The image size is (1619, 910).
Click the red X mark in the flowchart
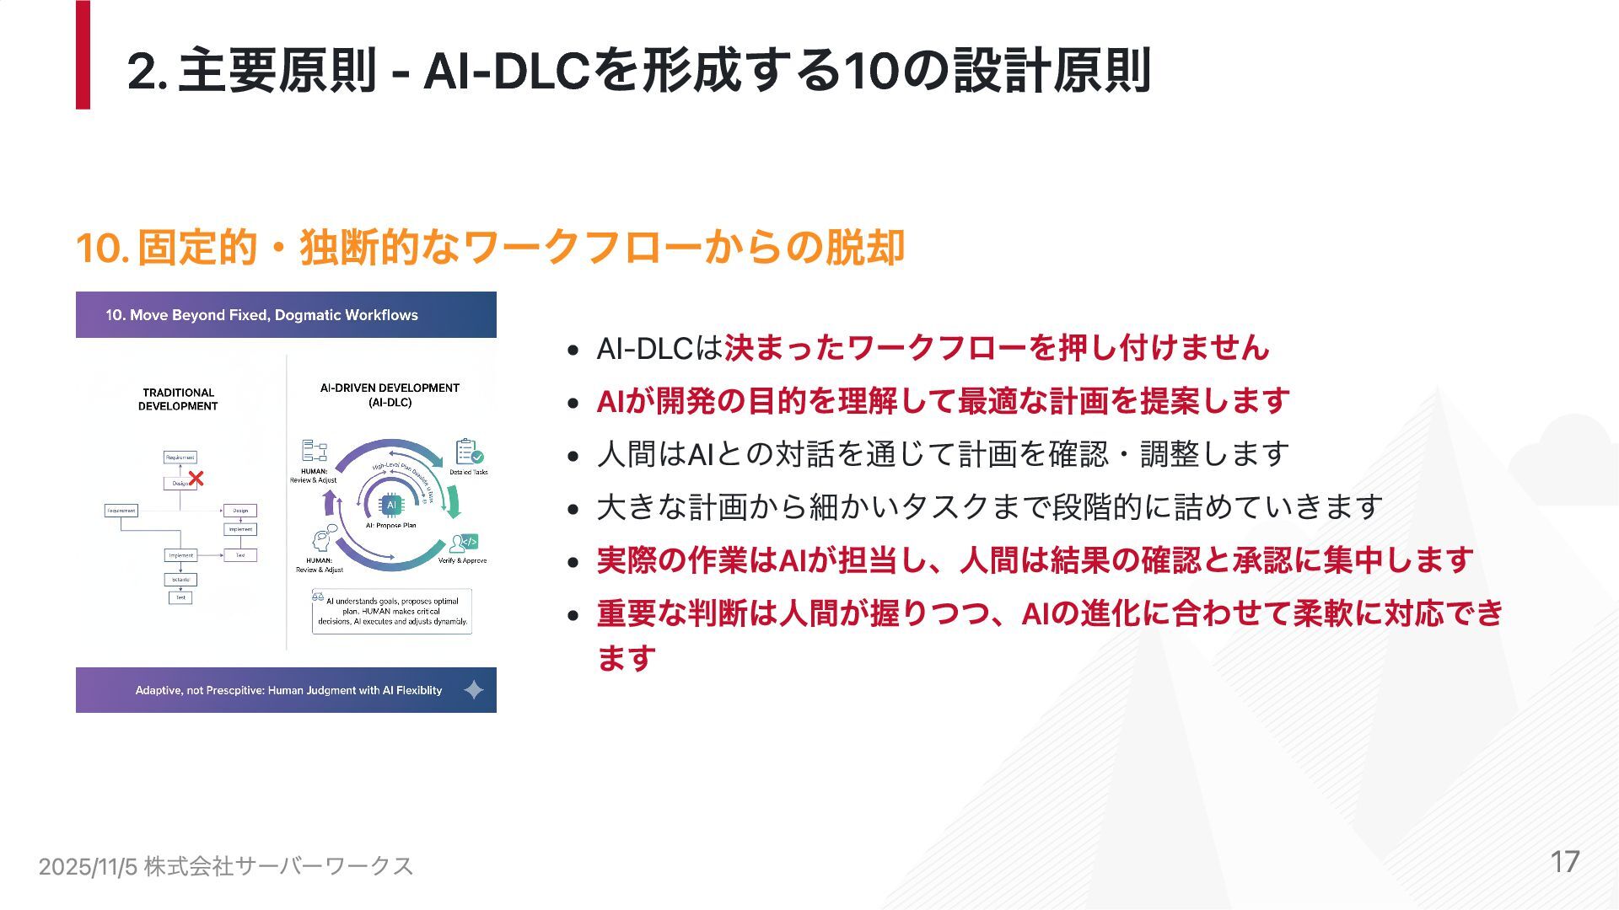[x=196, y=479]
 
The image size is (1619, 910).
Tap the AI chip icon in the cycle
[x=390, y=504]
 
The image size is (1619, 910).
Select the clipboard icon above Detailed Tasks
[x=468, y=452]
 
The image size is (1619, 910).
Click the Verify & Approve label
[x=462, y=560]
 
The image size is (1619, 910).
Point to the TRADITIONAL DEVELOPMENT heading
[x=178, y=399]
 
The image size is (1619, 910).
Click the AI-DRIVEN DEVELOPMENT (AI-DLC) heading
[x=390, y=395]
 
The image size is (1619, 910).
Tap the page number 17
[x=1565, y=861]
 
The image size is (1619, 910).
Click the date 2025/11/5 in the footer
[x=88, y=866]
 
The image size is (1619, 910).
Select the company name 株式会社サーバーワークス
[x=278, y=866]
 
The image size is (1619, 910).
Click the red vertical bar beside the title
[x=83, y=55]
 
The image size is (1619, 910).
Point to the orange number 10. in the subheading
[x=102, y=248]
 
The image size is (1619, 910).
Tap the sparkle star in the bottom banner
[x=474, y=690]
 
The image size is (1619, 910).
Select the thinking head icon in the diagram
[x=323, y=539]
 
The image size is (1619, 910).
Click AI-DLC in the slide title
[x=506, y=71]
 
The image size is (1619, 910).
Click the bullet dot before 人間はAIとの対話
[x=573, y=456]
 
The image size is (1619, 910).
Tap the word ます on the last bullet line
[x=626, y=658]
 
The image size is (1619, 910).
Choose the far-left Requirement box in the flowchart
[x=121, y=511]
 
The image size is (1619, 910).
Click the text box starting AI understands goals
[x=392, y=611]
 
